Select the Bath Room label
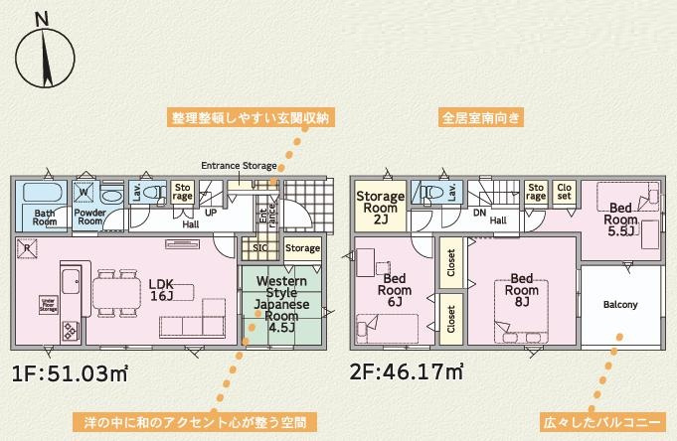click(x=45, y=217)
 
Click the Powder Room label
click(x=91, y=217)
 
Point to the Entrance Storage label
click(x=239, y=165)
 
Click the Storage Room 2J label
click(x=380, y=208)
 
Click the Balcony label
click(x=620, y=304)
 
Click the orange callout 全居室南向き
click(x=481, y=118)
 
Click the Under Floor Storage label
click(x=47, y=303)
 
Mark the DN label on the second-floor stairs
click(x=480, y=212)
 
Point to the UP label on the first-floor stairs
click(x=211, y=213)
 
